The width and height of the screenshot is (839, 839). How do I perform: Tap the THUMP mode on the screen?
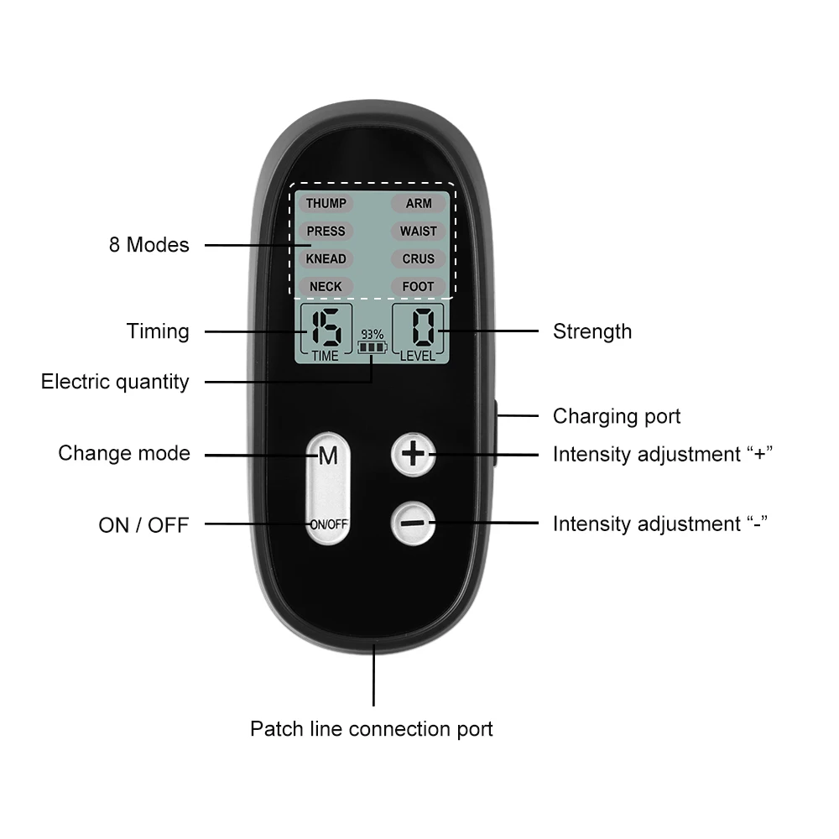coord(326,203)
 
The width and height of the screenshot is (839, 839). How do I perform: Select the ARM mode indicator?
coord(418,203)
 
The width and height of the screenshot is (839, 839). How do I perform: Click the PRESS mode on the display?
coord(326,231)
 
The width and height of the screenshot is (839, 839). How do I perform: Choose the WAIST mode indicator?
coord(418,231)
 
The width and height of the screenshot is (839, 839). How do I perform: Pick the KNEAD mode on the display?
coord(326,258)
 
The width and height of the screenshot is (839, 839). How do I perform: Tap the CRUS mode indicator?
coord(418,258)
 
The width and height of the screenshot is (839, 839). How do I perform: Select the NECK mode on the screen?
coord(326,286)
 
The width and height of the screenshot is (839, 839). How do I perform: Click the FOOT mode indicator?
coord(418,286)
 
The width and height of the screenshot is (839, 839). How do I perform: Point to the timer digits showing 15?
coord(325,328)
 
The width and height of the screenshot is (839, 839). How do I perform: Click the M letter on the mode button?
coord(327,456)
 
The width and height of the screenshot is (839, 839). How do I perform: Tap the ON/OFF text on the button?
coord(328,524)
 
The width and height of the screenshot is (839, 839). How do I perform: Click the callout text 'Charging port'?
coord(617,416)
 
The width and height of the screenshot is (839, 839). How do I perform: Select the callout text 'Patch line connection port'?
coord(372,728)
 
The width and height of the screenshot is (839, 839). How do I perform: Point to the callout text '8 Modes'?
coord(149,245)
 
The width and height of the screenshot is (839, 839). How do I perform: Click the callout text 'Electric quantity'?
coord(115,382)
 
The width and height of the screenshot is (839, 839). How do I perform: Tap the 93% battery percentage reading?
coord(372,334)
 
